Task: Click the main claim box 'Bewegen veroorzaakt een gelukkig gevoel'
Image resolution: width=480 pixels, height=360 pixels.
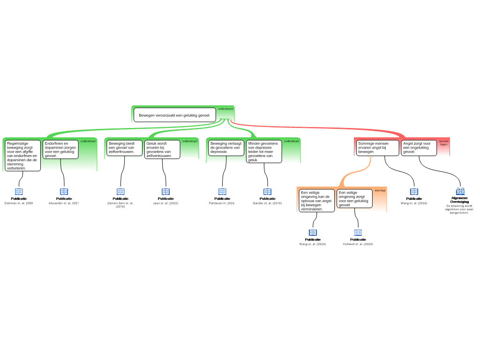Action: pyautogui.click(x=174, y=115)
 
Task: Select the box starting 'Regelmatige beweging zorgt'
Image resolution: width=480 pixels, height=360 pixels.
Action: pyautogui.click(x=23, y=155)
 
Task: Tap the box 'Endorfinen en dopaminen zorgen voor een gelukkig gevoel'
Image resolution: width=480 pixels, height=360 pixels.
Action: pyautogui.click(x=60, y=150)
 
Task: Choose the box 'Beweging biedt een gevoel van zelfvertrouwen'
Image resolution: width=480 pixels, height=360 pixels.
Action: pyautogui.click(x=124, y=148)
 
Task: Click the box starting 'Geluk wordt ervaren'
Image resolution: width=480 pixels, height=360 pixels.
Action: pyautogui.click(x=162, y=149)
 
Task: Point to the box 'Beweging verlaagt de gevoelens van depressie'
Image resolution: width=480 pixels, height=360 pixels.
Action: pyautogui.click(x=226, y=148)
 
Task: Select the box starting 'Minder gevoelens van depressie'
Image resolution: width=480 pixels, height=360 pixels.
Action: pyautogui.click(x=264, y=151)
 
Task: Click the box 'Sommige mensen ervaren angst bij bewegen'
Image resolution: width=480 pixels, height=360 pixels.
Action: pyautogui.click(x=377, y=148)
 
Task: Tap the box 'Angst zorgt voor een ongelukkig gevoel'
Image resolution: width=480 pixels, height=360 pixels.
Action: pyautogui.click(x=419, y=148)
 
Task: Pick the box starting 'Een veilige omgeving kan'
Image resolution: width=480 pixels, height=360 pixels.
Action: pyautogui.click(x=316, y=200)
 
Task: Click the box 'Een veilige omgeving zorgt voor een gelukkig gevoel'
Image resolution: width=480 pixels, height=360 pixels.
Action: pyautogui.click(x=354, y=198)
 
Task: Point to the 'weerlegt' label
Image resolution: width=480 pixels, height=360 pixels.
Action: pyautogui.click(x=380, y=191)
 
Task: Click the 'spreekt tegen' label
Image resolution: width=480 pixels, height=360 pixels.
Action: pyautogui.click(x=443, y=143)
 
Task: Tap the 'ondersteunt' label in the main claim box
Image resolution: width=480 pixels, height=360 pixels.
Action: pyautogui.click(x=226, y=109)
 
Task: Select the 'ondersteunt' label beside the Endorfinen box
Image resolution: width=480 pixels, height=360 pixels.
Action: pyautogui.click(x=88, y=141)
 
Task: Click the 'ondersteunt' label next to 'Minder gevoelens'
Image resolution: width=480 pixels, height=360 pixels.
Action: pyautogui.click(x=292, y=141)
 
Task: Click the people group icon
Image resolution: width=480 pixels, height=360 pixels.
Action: pyautogui.click(x=460, y=191)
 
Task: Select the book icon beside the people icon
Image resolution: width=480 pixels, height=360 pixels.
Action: pyautogui.click(x=414, y=192)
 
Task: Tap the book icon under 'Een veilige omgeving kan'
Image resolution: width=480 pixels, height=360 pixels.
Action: pyautogui.click(x=313, y=232)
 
